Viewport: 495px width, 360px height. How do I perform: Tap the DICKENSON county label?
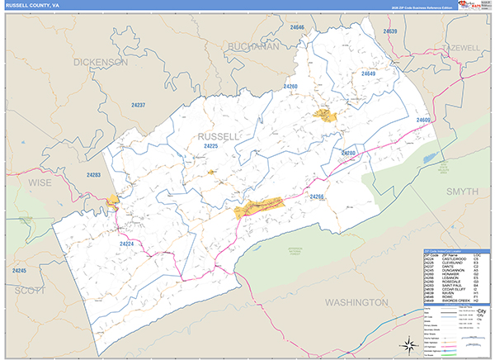[x=100, y=62]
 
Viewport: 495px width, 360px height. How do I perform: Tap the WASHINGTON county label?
[x=356, y=303]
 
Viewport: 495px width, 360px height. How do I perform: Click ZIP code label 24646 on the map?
[x=296, y=28]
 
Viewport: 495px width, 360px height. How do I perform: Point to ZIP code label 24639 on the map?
[x=389, y=31]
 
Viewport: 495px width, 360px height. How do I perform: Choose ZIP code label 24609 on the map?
[x=424, y=121]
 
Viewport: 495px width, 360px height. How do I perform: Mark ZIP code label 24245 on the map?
[x=21, y=271]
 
